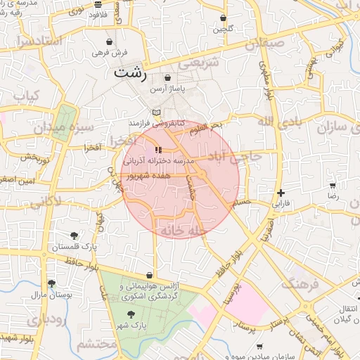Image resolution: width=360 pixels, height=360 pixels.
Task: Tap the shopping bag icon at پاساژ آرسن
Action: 168,77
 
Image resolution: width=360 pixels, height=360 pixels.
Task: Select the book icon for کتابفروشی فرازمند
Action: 156,112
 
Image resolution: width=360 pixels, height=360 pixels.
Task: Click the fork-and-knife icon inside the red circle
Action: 157,150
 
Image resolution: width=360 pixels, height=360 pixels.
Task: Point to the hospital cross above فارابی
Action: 281,192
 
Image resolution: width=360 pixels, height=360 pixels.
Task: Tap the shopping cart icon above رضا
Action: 333,186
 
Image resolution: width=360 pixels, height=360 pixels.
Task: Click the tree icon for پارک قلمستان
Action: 74,236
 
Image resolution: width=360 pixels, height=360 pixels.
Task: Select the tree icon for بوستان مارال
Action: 51,283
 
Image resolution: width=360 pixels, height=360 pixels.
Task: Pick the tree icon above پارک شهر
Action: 128,316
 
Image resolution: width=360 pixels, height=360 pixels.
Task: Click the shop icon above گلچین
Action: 224,18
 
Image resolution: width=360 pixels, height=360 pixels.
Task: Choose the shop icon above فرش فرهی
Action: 109,41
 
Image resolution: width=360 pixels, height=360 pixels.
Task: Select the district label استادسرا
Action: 41,41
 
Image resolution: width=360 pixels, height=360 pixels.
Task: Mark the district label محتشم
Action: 96,345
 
